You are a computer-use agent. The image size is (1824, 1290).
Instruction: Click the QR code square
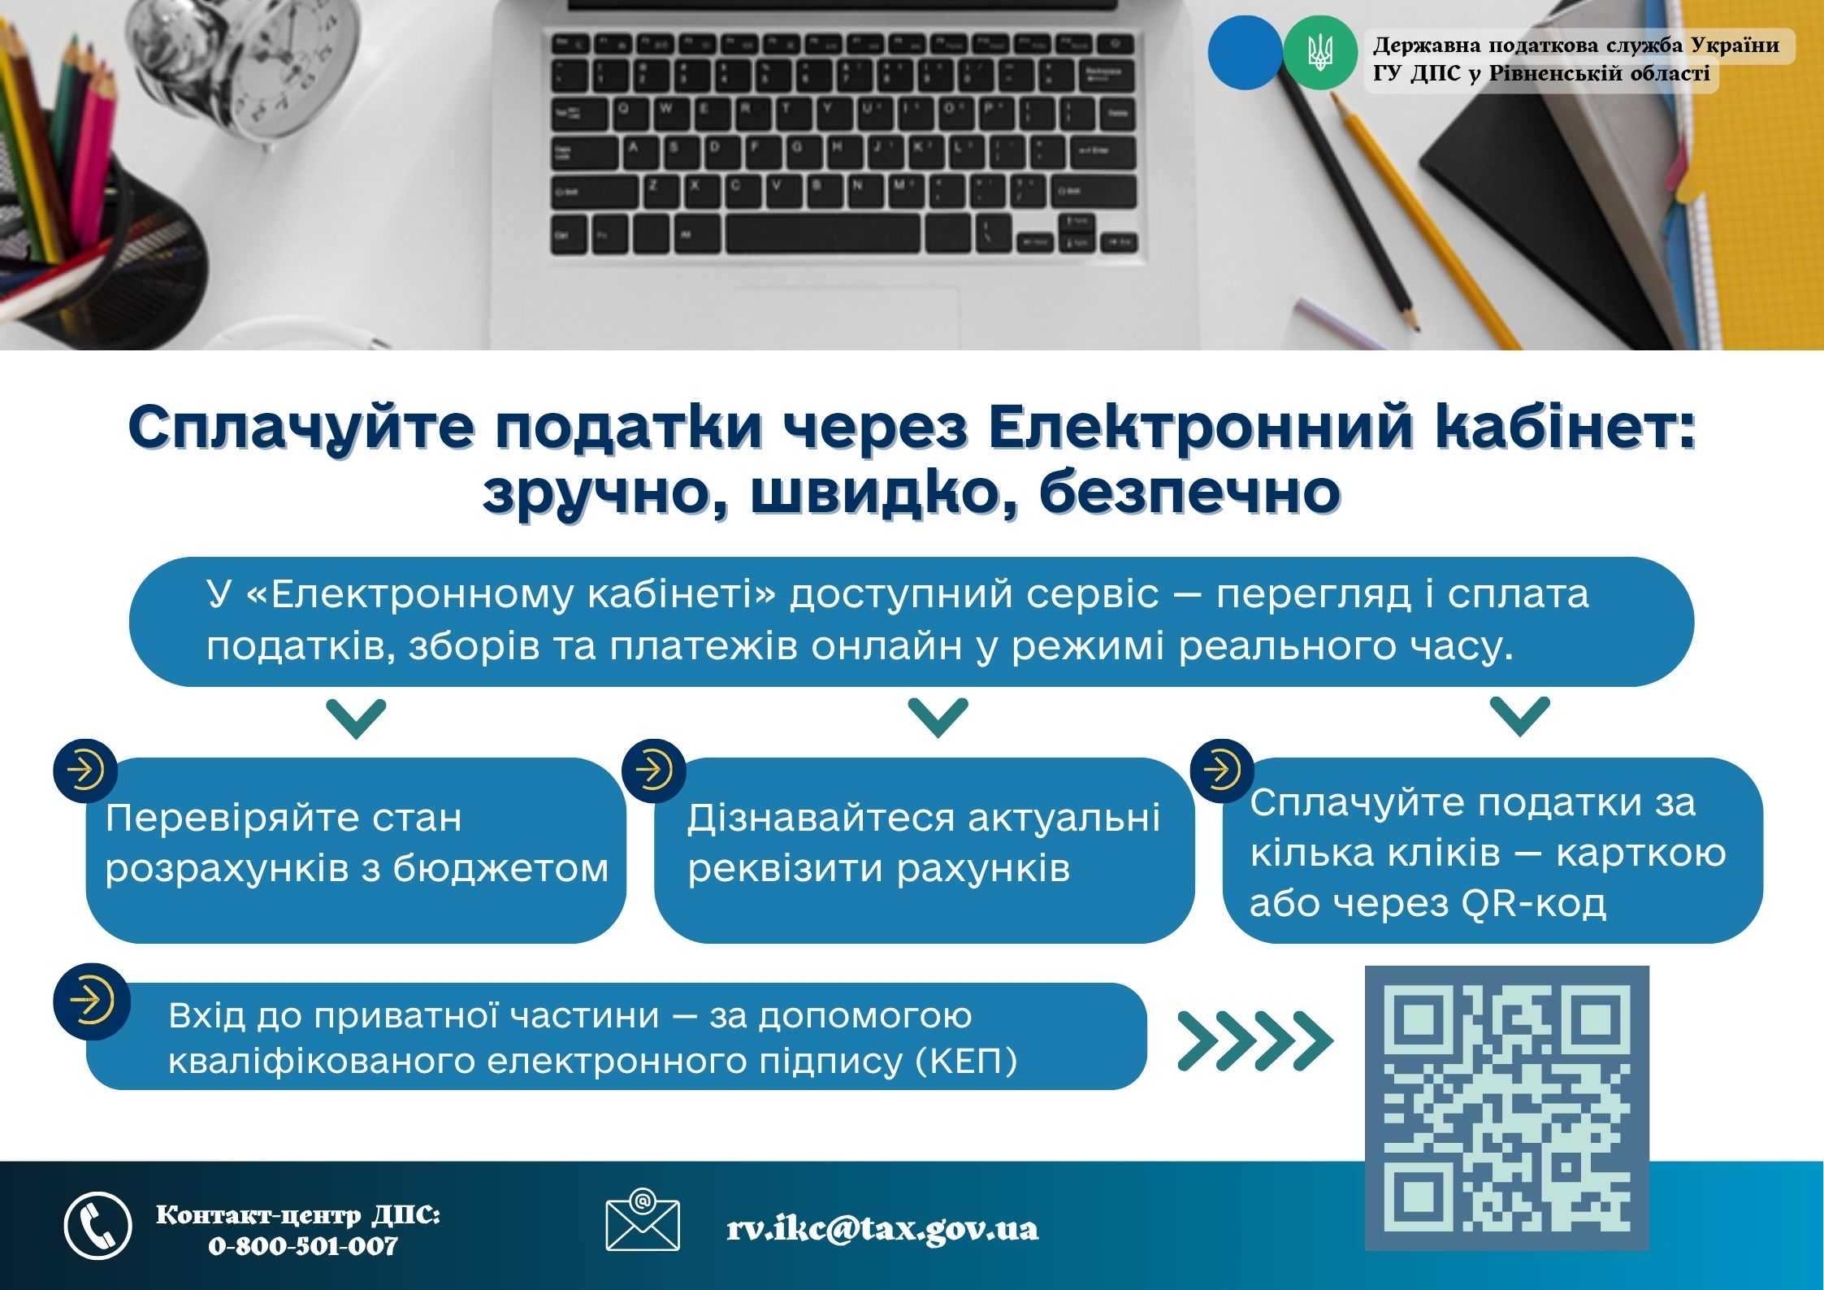coord(1506,1108)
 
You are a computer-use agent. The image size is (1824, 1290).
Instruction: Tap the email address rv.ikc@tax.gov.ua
coord(882,1229)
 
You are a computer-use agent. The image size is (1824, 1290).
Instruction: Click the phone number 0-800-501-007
coord(303,1245)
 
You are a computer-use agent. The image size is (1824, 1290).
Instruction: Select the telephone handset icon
coord(97,1226)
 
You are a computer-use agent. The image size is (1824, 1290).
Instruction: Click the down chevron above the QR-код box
coord(1520,716)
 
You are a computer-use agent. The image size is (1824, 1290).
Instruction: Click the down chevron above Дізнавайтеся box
coord(938,717)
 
